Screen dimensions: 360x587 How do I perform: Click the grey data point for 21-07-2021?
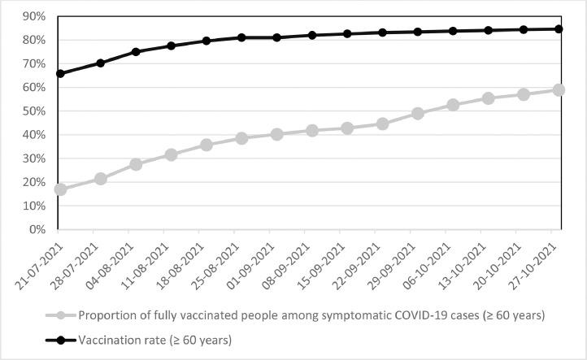60,189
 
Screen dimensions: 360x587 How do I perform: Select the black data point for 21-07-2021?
60,73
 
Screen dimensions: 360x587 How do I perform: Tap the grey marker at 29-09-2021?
418,114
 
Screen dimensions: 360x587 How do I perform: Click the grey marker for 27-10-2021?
559,90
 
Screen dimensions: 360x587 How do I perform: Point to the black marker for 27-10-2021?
559,28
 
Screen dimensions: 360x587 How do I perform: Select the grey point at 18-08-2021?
207,145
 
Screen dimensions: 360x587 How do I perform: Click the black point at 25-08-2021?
241,37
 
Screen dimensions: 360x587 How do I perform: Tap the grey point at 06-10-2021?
453,105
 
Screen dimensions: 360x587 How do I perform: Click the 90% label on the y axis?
33,16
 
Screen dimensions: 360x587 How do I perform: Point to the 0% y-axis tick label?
36,230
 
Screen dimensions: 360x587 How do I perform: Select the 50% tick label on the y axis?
33,111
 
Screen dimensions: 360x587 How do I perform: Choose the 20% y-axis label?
33,183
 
